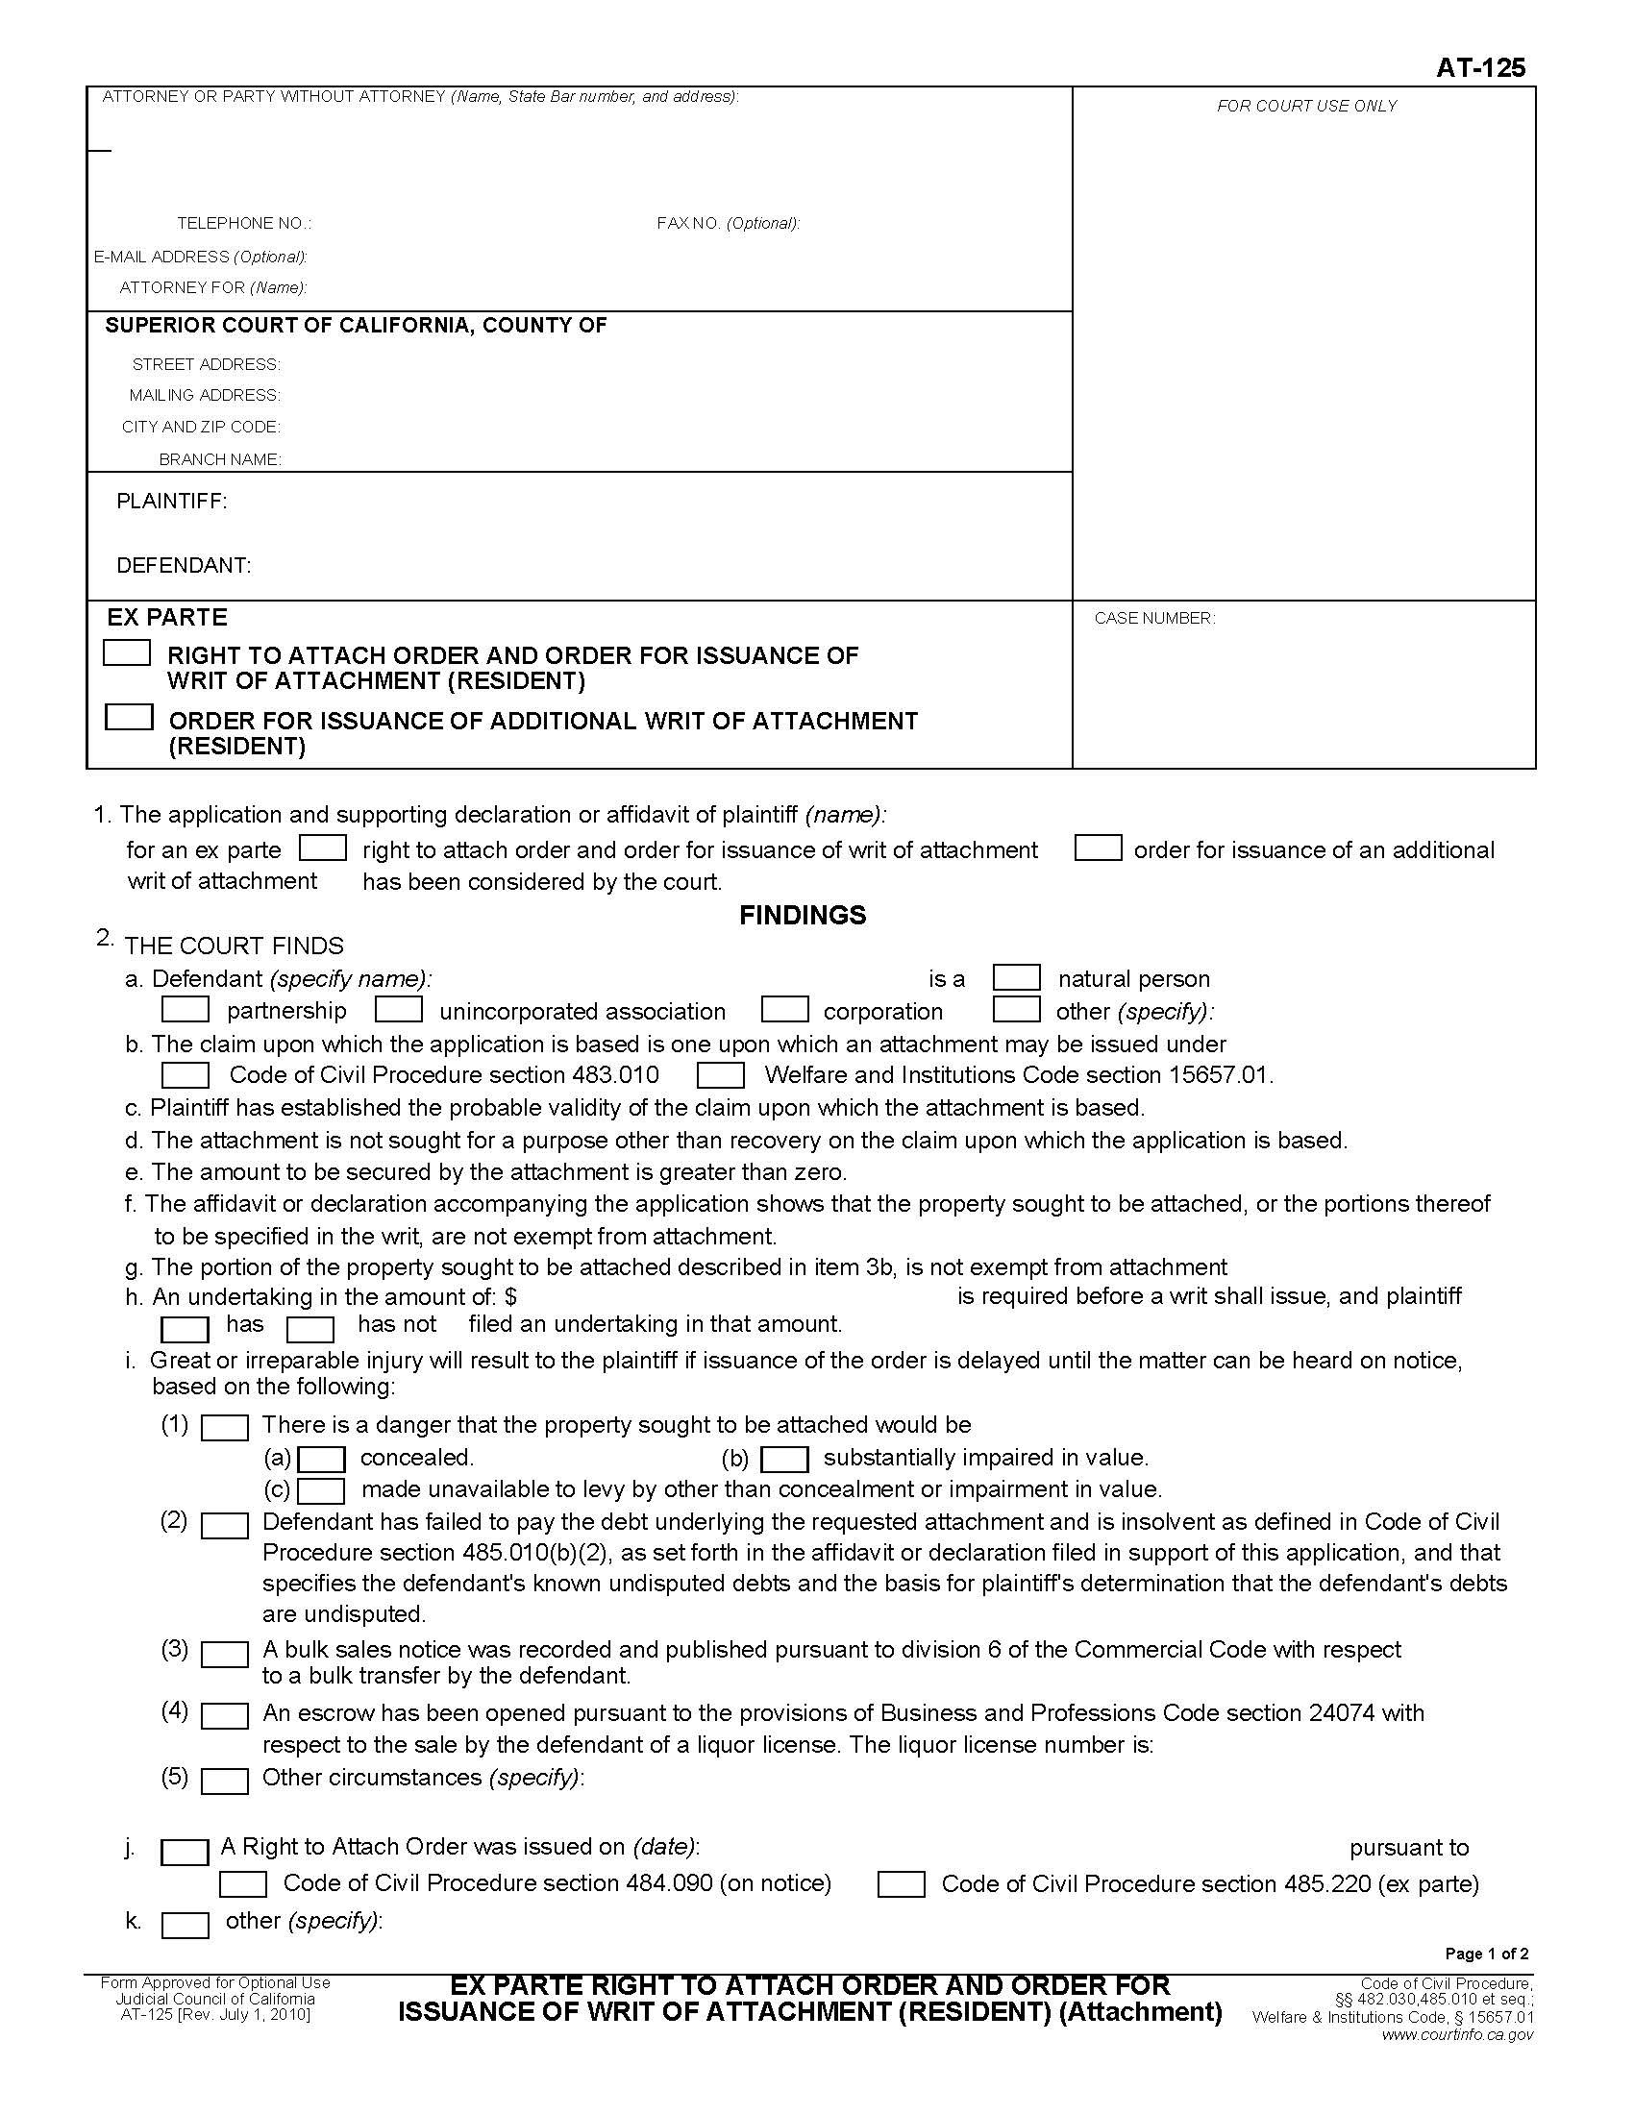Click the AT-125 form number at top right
1480,67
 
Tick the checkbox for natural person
1016,976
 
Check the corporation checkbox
784,1010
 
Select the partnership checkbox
185,1010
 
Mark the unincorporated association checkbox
398,1010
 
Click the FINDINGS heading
802,915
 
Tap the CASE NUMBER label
1153,618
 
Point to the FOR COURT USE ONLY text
1306,106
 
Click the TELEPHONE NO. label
244,224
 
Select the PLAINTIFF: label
171,501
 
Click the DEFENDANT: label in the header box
183,565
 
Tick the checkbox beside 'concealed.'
321,1460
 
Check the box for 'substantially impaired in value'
784,1460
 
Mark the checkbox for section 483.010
185,1075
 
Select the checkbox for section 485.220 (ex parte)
901,1884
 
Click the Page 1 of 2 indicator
1486,1954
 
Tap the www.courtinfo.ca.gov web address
1457,2034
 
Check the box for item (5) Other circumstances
225,1781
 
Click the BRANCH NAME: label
220,459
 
